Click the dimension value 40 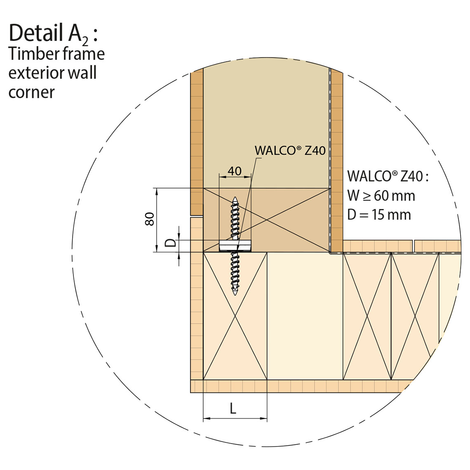pyautogui.click(x=235, y=171)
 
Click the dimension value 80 pyautogui.click(x=149, y=219)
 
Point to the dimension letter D pyautogui.click(x=171, y=242)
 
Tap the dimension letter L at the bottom pyautogui.click(x=233, y=408)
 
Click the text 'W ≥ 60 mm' pyautogui.click(x=381, y=196)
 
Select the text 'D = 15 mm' pyautogui.click(x=379, y=215)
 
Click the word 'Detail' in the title pyautogui.click(x=36, y=33)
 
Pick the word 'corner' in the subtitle pyautogui.click(x=31, y=92)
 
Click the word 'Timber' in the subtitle pyautogui.click(x=34, y=54)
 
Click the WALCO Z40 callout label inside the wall pyautogui.click(x=290, y=150)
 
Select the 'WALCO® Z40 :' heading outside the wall pyautogui.click(x=388, y=176)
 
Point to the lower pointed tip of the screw pyautogui.click(x=235, y=295)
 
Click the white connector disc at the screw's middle pyautogui.click(x=235, y=246)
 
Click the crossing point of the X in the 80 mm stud pyautogui.click(x=267, y=220)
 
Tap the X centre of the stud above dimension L pyautogui.click(x=235, y=316)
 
